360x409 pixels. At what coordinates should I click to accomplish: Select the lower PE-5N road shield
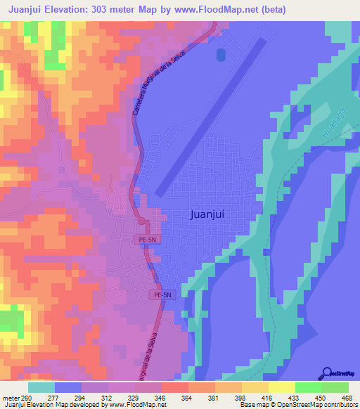tap(160, 296)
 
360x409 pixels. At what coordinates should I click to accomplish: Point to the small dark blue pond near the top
tap(221, 54)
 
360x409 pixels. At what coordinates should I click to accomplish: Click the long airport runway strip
tap(210, 117)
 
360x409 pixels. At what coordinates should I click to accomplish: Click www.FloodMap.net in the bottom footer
tap(139, 405)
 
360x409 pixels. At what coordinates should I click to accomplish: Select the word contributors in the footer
tap(338, 405)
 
